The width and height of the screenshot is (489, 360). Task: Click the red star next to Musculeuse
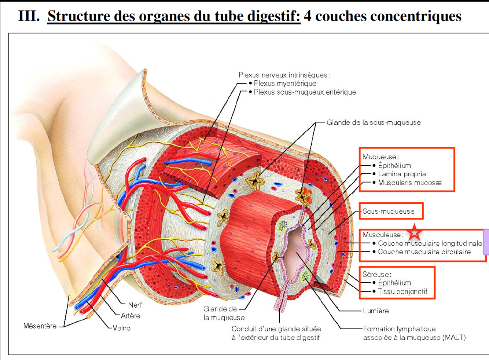pyautogui.click(x=414, y=232)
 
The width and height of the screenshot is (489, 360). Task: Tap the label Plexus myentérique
pyautogui.click(x=285, y=84)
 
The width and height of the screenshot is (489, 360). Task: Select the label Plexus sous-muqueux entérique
pyautogui.click(x=305, y=92)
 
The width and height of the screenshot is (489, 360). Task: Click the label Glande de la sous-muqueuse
pyautogui.click(x=374, y=122)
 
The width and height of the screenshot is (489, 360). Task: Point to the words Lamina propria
pyautogui.click(x=402, y=174)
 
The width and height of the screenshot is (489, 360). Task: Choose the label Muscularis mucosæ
pyautogui.click(x=409, y=183)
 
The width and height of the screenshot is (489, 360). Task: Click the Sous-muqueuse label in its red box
pyautogui.click(x=388, y=211)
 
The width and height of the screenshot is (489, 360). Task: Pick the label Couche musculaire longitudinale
pyautogui.click(x=430, y=243)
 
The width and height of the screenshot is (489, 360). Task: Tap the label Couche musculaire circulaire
pyautogui.click(x=424, y=252)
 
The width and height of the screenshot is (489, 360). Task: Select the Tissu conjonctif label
pyautogui.click(x=402, y=291)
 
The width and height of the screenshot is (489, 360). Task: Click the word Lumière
pyautogui.click(x=376, y=311)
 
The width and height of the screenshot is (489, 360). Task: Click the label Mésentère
pyautogui.click(x=40, y=326)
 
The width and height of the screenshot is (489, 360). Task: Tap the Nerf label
pyautogui.click(x=135, y=305)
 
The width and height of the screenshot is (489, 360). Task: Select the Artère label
pyautogui.click(x=130, y=316)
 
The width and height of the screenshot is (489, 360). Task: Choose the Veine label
pyautogui.click(x=121, y=328)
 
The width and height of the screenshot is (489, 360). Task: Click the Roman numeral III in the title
pyautogui.click(x=29, y=16)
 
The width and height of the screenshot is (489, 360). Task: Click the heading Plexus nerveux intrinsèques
pyautogui.click(x=284, y=75)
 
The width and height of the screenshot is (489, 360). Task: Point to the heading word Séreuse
pyautogui.click(x=376, y=274)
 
